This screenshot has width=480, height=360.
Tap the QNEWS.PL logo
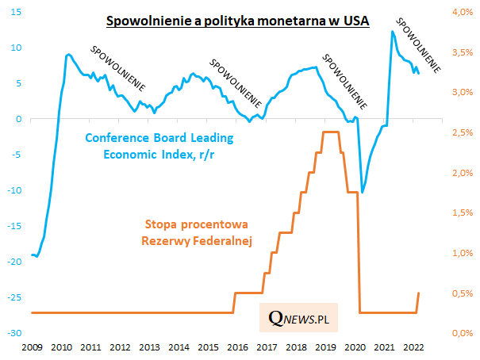(298, 318)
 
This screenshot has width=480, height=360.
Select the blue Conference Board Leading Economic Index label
(159, 145)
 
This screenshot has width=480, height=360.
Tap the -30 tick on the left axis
(15, 333)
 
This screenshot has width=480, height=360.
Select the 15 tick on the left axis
(17, 12)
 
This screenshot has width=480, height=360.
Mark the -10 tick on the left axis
(15, 190)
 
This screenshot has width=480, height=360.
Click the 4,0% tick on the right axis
(463, 12)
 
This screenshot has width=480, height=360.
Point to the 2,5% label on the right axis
(463, 132)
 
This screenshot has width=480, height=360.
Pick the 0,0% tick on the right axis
(463, 333)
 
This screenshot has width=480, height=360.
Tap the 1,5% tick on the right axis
(463, 213)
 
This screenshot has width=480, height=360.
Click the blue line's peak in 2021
(392, 32)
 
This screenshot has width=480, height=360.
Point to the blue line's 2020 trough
(363, 192)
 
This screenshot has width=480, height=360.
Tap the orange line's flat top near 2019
(330, 132)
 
